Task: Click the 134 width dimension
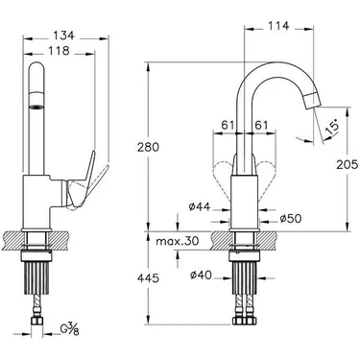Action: pyautogui.click(x=63, y=35)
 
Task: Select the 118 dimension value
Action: pyautogui.click(x=59, y=50)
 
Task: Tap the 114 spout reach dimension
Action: pyautogui.click(x=278, y=26)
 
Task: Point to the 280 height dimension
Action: pyautogui.click(x=148, y=148)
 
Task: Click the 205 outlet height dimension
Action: pyautogui.click(x=347, y=164)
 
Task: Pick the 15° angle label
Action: pyautogui.click(x=331, y=126)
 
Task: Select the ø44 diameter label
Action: pyautogui.click(x=200, y=207)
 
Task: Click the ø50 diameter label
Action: pyautogui.click(x=291, y=219)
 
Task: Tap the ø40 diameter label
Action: pyautogui.click(x=201, y=275)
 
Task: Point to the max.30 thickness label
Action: pyautogui.click(x=178, y=241)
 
